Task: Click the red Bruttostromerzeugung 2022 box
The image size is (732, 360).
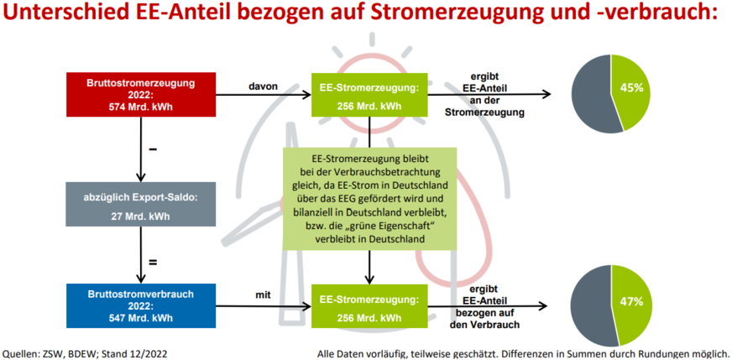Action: pyautogui.click(x=140, y=95)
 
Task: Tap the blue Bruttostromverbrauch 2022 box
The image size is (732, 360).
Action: pyautogui.click(x=140, y=305)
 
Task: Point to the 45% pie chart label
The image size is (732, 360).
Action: pyautogui.click(x=631, y=87)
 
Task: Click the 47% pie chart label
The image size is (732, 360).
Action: pyautogui.click(x=632, y=300)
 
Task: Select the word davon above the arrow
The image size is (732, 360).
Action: pyautogui.click(x=263, y=86)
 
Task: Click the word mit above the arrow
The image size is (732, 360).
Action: pyautogui.click(x=263, y=295)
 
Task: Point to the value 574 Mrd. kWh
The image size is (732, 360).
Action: pyautogui.click(x=141, y=106)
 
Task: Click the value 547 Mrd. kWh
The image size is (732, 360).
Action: pyautogui.click(x=141, y=317)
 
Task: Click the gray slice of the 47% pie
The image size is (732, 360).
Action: pyautogui.click(x=591, y=306)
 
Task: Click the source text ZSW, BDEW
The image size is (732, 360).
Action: pyautogui.click(x=66, y=352)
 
